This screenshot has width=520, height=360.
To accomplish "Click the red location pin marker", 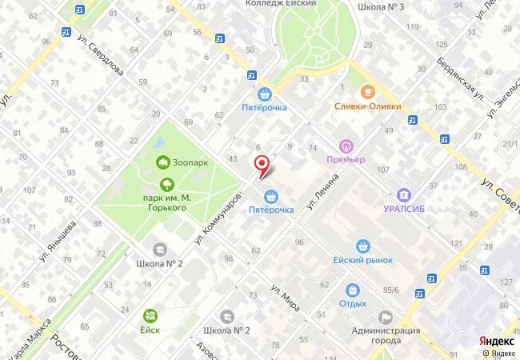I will tap(261, 165).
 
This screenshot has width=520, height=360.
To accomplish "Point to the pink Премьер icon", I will tap(346, 146).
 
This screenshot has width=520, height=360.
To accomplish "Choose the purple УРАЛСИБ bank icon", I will tap(406, 194).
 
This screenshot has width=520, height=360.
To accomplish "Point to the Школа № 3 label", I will tap(381, 6).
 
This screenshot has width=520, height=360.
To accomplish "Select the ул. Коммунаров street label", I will tap(218, 218).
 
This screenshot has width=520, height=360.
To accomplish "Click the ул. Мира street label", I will tap(285, 296).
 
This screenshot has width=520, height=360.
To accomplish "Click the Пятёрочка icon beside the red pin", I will tap(271, 195).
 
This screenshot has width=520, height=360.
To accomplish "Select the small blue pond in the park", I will tap(158, 142).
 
